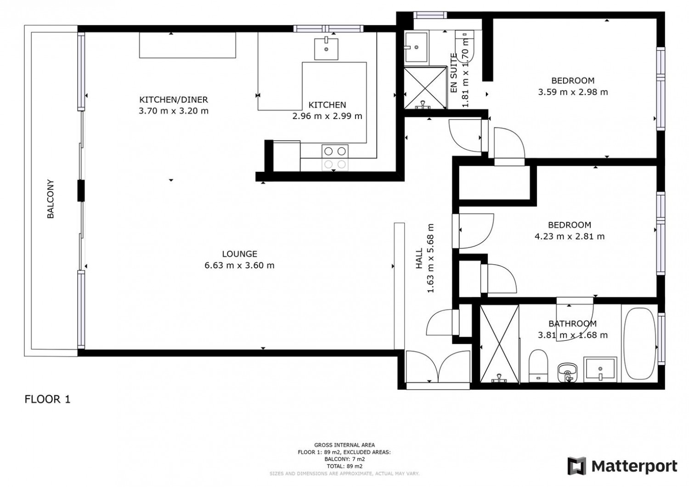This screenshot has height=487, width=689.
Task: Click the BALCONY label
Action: (51, 199)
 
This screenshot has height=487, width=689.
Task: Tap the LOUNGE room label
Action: (240, 254)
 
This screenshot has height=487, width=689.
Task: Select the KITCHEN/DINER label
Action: (174, 100)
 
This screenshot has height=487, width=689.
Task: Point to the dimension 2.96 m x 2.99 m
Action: (327, 116)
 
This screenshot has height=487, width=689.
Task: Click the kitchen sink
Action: (326, 49)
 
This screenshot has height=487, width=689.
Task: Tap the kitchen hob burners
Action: (335, 158)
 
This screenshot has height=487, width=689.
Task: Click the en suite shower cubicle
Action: (425, 88)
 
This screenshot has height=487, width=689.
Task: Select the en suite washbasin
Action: (416, 47)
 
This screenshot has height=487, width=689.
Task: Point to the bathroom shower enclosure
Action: (499, 344)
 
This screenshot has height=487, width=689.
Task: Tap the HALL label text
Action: (419, 258)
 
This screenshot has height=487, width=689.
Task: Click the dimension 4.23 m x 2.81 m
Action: (570, 236)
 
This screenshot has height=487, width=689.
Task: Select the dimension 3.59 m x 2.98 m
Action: (573, 92)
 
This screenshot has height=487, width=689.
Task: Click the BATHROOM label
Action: (573, 323)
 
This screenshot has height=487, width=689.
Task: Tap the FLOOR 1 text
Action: (47, 399)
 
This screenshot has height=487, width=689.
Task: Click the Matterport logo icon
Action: (577, 466)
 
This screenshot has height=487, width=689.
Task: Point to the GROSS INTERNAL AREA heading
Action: (344, 445)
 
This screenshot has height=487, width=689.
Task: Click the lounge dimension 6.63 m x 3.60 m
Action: (240, 265)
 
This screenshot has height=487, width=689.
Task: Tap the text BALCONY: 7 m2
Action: (344, 459)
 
